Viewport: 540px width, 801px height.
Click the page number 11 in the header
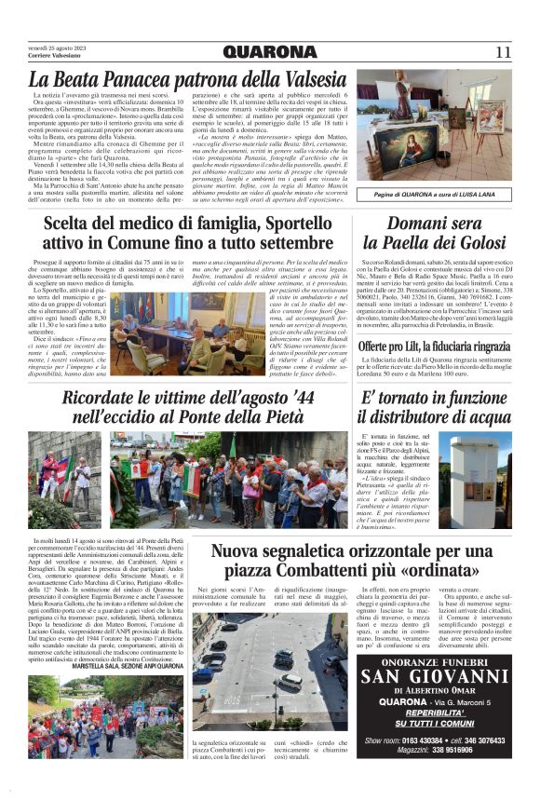click(503, 52)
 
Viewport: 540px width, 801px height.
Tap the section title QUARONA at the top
click(270, 52)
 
